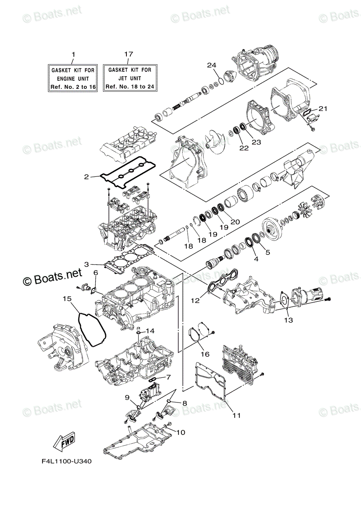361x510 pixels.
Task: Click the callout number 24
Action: pyautogui.click(x=212, y=65)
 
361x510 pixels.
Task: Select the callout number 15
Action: pyautogui.click(x=66, y=299)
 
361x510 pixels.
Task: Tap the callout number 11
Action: pyautogui.click(x=237, y=415)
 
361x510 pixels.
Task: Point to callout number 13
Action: pyautogui.click(x=289, y=320)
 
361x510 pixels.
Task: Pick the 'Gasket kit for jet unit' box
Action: pyautogui.click(x=129, y=78)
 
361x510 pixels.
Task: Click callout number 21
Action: pyautogui.click(x=323, y=109)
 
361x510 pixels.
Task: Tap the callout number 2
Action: pyautogui.click(x=86, y=176)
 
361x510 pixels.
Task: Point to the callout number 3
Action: pyautogui.click(x=86, y=264)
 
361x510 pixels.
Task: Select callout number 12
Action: pyautogui.click(x=195, y=300)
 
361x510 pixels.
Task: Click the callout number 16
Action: pyautogui.click(x=205, y=354)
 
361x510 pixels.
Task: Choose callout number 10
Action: pyautogui.click(x=180, y=433)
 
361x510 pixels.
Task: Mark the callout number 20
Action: pyautogui.click(x=235, y=221)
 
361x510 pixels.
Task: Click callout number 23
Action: pyautogui.click(x=256, y=143)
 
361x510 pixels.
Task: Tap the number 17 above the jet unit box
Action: pyautogui.click(x=129, y=54)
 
